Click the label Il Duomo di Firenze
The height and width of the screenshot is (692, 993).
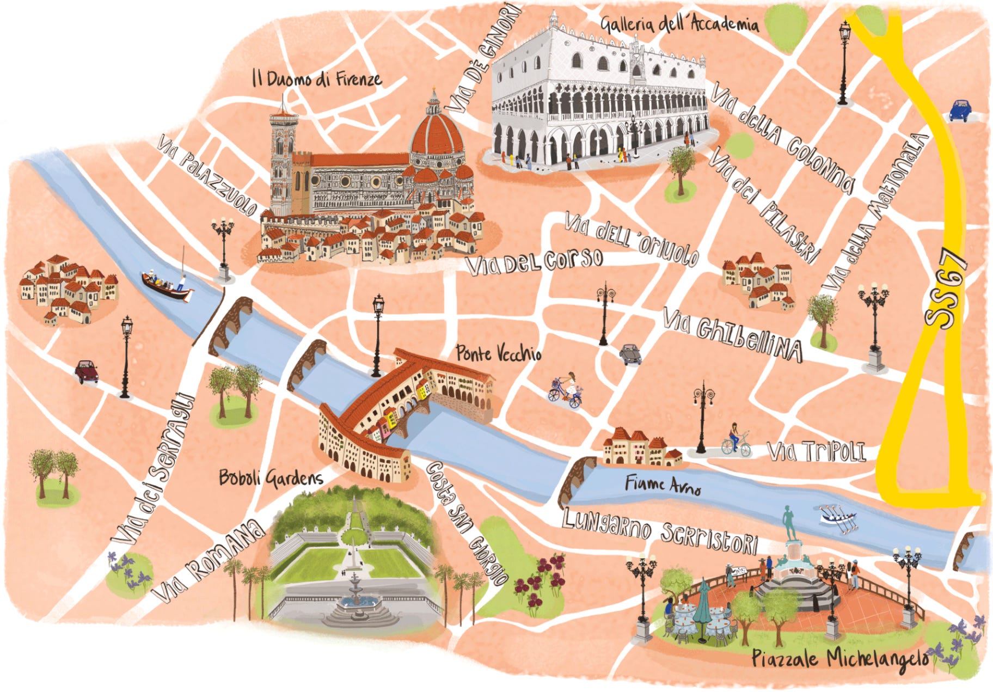[x=317, y=79]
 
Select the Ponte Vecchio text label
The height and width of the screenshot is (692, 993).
[x=499, y=354]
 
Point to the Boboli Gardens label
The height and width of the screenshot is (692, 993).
[x=271, y=478]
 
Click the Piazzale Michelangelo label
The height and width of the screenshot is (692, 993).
[x=839, y=658]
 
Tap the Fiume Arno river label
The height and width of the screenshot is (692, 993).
[x=663, y=484]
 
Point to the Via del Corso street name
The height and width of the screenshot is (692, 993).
[x=535, y=262]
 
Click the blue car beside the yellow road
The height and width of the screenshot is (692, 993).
[x=960, y=110]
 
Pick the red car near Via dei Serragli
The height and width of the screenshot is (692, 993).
[x=87, y=371]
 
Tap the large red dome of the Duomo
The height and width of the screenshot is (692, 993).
[x=437, y=133]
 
